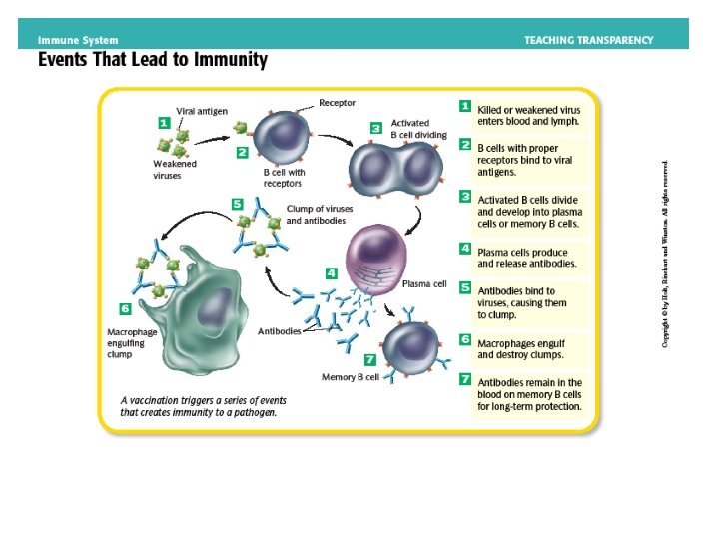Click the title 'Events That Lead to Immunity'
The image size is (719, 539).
coord(153,60)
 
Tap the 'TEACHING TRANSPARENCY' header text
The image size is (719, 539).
coord(589,40)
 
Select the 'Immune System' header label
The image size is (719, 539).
coord(78,40)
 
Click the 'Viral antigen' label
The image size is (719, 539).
coord(200,111)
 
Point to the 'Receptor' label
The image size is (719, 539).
coord(337,102)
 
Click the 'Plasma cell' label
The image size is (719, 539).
coord(423,284)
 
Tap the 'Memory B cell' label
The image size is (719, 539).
coord(350,377)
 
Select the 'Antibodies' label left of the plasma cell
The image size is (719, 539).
coord(281,330)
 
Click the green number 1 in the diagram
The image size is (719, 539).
coord(164,123)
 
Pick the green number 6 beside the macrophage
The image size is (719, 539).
coord(125,309)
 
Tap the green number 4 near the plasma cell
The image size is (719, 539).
coord(331,272)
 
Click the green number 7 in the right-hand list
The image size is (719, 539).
coord(465,380)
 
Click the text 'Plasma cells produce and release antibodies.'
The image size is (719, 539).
coord(527,257)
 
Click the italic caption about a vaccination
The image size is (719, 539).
coord(198,404)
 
